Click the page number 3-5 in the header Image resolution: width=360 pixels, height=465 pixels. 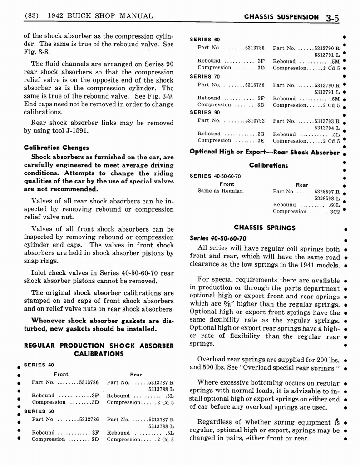coord(335,18)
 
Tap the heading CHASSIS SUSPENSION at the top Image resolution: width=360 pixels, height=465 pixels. coord(281,17)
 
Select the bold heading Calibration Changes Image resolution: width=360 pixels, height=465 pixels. coord(56,148)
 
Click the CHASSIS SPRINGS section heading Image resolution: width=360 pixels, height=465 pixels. coord(264,228)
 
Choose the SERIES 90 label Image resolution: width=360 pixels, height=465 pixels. coord(205,112)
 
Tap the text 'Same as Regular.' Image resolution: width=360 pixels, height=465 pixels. coord(220,191)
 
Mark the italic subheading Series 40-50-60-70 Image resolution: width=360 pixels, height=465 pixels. coord(217,238)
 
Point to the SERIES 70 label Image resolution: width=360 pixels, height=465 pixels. coord(205,76)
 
